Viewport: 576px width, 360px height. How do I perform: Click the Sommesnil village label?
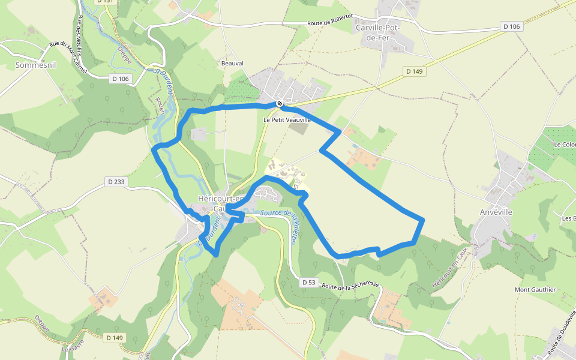pyautogui.click(x=35, y=65)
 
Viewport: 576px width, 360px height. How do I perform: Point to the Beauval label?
pyautogui.click(x=233, y=62)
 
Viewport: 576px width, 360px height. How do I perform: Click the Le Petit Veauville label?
pyautogui.click(x=287, y=120)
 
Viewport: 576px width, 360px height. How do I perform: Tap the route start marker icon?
pyautogui.click(x=280, y=104)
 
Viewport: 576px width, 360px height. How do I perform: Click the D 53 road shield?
pyautogui.click(x=308, y=282)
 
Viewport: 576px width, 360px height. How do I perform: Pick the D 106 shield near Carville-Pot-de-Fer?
pyautogui.click(x=512, y=26)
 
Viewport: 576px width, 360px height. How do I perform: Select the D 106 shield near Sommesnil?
pyautogui.click(x=120, y=79)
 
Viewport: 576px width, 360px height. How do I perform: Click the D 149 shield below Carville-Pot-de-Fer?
pyautogui.click(x=415, y=71)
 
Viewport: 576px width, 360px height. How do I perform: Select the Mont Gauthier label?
pyautogui.click(x=535, y=290)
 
